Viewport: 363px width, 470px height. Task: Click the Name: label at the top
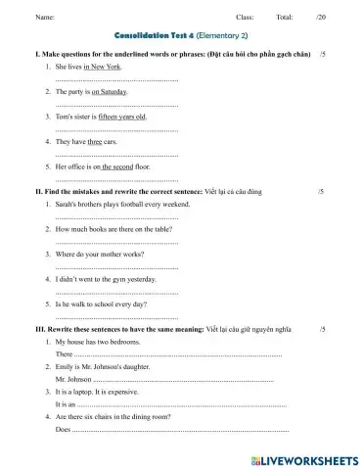[44, 18]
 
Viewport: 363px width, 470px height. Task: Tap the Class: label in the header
[245, 18]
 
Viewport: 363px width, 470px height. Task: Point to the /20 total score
[321, 18]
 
